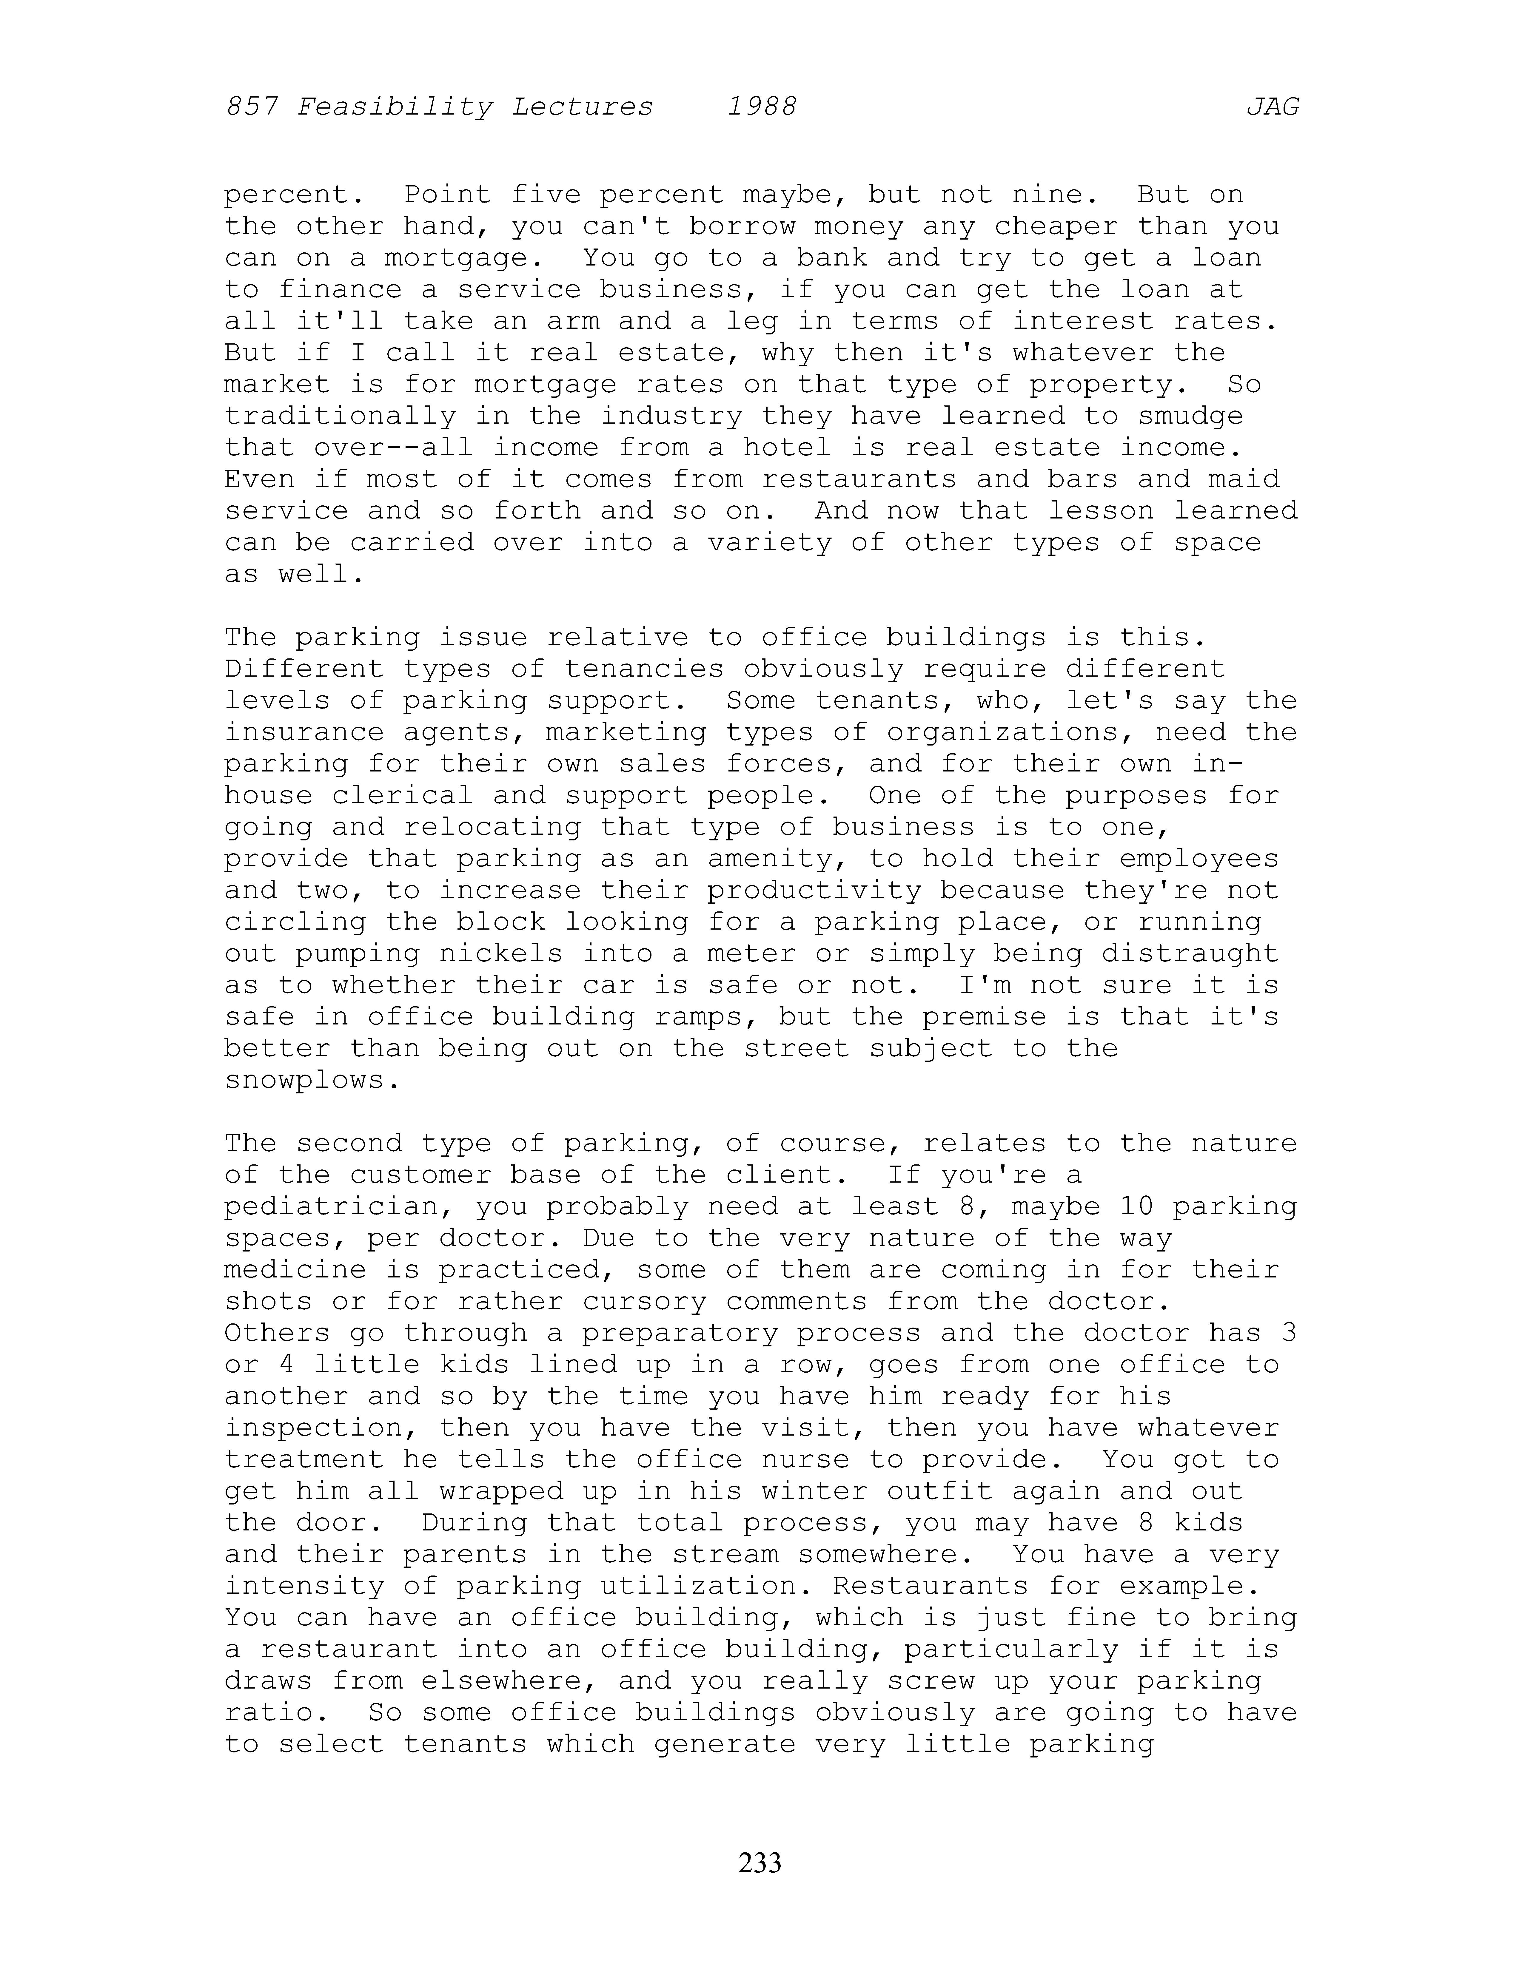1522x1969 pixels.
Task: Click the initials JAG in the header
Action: point(1272,107)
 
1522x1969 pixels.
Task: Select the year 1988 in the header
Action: point(762,107)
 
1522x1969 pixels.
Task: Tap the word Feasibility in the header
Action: point(395,107)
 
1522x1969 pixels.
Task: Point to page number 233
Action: point(760,1862)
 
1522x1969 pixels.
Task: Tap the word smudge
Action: point(1190,416)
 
